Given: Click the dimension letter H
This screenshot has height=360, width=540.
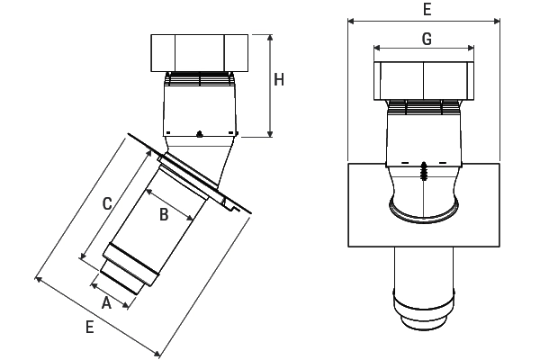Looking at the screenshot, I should (280, 80).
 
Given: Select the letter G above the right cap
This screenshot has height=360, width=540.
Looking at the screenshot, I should (427, 39).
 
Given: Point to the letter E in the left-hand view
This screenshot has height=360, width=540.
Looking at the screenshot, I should (89, 328).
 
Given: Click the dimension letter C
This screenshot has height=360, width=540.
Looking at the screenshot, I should (106, 203).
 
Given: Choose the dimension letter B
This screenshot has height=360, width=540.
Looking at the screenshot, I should (164, 214).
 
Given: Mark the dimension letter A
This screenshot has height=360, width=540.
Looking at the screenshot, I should (106, 303).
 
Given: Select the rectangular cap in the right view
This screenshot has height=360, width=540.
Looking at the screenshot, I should (424, 82).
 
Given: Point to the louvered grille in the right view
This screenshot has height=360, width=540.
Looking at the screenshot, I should (424, 108).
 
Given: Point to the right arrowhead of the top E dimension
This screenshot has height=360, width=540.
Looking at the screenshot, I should (499, 19).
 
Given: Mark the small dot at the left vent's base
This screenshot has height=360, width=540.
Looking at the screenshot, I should (199, 134).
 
